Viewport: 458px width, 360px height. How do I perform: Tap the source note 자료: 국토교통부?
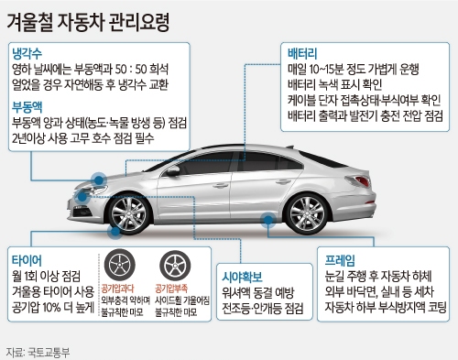coord(41,350)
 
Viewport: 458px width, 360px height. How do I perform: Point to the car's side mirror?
coord(171,169)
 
